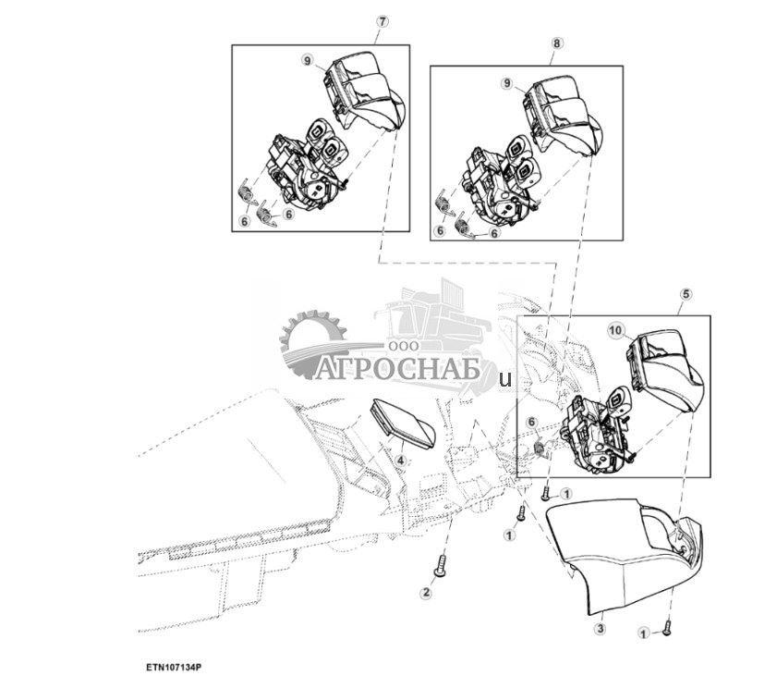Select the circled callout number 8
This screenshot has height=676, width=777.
click(x=556, y=42)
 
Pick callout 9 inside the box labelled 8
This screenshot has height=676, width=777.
click(x=506, y=83)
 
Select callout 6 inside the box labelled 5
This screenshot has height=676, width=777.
click(x=531, y=423)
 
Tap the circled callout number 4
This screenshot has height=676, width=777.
click(x=401, y=460)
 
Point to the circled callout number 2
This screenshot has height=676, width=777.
click(x=426, y=593)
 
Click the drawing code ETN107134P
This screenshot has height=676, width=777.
click(x=173, y=665)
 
